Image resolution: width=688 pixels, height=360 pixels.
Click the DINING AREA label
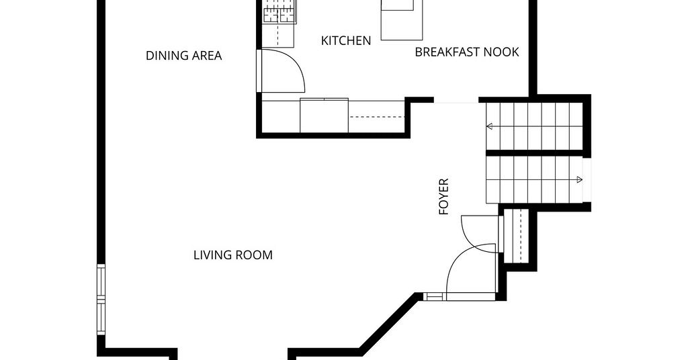pos(183,56)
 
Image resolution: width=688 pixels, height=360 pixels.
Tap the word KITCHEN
pos(346,41)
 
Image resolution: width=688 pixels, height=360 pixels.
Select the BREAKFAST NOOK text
pos(467,52)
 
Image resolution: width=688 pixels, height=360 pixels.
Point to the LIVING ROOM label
pos(233,255)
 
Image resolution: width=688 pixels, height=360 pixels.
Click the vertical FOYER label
pos(444,196)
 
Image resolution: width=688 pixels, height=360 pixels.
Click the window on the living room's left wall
pos(101,300)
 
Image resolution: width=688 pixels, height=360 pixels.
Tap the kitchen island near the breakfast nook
pos(402,19)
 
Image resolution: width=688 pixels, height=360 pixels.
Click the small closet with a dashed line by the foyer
pos(520,236)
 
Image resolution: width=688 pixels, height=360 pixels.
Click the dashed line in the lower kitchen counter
pos(377,117)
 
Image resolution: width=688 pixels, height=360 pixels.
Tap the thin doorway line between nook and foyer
pos(456,103)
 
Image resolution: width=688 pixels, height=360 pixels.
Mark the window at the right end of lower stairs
pos(587,180)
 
